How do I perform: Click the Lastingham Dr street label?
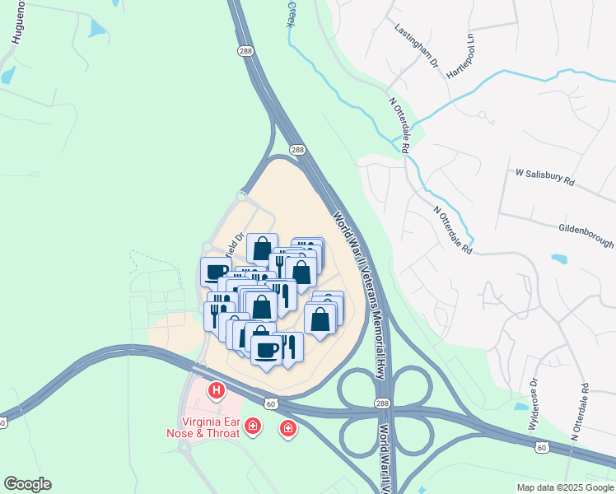pos(418,48)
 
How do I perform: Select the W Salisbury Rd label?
pos(544,179)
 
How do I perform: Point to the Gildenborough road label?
pos(586,235)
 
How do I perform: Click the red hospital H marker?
pos(217,389)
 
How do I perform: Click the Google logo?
pos(27,484)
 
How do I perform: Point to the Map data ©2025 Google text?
pos(564,487)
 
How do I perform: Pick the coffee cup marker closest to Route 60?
pos(266,349)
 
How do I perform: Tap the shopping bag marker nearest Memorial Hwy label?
pos(320,317)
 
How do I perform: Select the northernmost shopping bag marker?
pos(262,247)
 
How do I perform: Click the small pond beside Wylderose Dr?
pos(520,406)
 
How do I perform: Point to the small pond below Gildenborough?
pos(559,259)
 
